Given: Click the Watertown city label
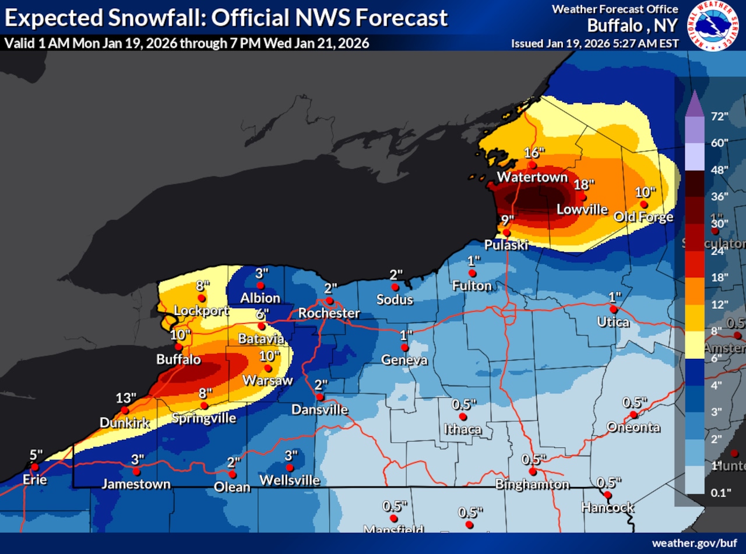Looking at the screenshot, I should pos(532,177).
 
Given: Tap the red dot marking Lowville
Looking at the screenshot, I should pos(582,197).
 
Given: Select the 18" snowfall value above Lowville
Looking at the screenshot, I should pos(585,185).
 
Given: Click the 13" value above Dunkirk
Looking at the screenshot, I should pos(126,398).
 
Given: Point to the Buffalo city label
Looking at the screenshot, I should pos(178,359).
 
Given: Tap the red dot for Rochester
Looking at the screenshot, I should pos(329,301).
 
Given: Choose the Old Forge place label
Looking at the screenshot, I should pos(643,217).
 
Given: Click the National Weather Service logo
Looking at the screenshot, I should pos(713,26).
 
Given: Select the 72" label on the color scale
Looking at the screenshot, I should pos(720,117).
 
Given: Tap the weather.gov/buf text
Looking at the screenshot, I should pos(694,543).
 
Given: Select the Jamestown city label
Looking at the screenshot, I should pos(136,484).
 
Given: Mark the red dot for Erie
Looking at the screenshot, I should pos(35,467).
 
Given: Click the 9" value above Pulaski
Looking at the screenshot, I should pos(508,220).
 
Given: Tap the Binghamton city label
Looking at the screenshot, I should pos(532,484).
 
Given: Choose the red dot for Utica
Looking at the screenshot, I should pos(613,309).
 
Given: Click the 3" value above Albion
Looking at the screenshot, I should pos(261,273).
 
